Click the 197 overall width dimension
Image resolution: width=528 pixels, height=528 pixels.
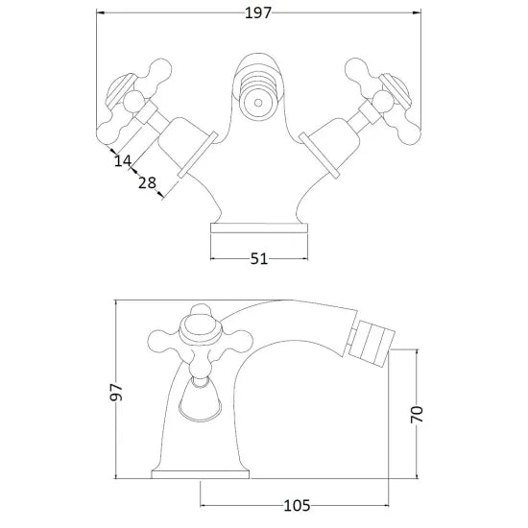pyautogui.click(x=257, y=13)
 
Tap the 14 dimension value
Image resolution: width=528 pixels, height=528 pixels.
pyautogui.click(x=123, y=160)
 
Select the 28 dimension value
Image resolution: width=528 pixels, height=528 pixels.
pyautogui.click(x=148, y=182)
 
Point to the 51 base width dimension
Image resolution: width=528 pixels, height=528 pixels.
pyautogui.click(x=259, y=259)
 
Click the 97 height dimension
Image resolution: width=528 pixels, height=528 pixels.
pyautogui.click(x=116, y=392)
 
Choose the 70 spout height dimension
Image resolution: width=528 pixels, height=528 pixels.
pyautogui.click(x=417, y=414)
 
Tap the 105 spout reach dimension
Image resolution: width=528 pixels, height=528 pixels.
pyautogui.click(x=297, y=506)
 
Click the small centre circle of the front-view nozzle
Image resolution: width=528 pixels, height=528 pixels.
pyautogui.click(x=258, y=103)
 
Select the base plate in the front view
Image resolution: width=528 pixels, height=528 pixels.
pyautogui.click(x=259, y=228)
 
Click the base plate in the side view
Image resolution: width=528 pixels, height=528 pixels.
pyautogui.click(x=201, y=475)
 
